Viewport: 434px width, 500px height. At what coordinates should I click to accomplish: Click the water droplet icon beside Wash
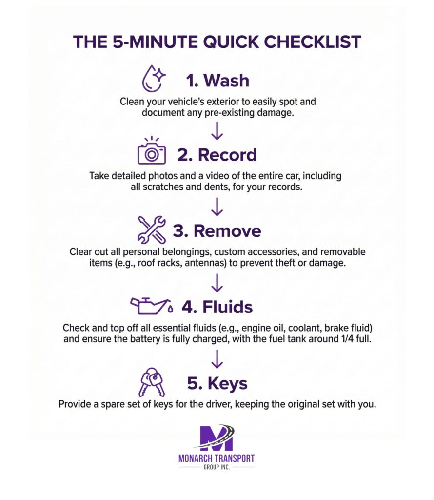(x=153, y=79)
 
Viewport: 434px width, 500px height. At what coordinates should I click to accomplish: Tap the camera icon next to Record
(x=152, y=153)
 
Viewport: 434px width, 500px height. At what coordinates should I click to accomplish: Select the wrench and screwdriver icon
(x=152, y=230)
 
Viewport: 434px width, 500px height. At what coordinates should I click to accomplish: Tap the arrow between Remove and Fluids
(x=217, y=282)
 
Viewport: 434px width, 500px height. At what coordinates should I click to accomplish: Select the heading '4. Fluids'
(x=217, y=307)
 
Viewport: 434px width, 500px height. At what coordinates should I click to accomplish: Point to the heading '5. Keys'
(x=217, y=383)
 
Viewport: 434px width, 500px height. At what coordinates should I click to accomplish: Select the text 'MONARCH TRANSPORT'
(x=217, y=459)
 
